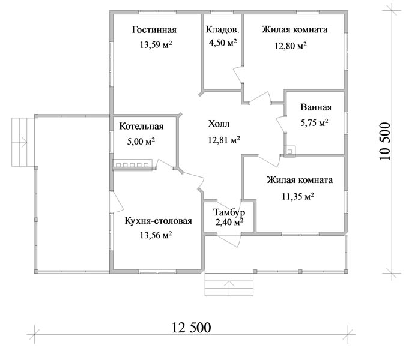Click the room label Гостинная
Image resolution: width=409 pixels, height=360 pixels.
click(154, 30)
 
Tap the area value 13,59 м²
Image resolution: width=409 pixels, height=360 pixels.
click(156, 44)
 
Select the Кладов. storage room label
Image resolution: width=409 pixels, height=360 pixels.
click(222, 29)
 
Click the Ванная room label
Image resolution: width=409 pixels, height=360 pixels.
click(316, 107)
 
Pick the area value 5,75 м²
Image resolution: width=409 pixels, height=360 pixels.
click(314, 122)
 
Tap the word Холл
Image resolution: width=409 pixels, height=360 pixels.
click(219, 124)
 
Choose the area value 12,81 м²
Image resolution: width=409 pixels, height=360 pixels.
click(224, 140)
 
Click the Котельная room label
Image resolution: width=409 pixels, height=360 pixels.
click(141, 126)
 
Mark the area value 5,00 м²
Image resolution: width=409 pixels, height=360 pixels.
click(141, 141)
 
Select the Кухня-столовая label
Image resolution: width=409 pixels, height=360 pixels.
click(159, 221)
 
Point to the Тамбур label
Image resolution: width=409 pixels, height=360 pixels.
click(229, 212)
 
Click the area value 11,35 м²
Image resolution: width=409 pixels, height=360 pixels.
click(298, 196)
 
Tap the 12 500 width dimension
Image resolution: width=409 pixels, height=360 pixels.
click(191, 328)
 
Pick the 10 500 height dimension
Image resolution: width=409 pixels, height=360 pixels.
click(385, 141)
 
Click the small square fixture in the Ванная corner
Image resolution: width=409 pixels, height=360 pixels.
click(289, 151)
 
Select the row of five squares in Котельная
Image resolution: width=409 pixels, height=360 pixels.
click(132, 165)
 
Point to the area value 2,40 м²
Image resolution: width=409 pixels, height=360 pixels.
click(229, 222)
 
